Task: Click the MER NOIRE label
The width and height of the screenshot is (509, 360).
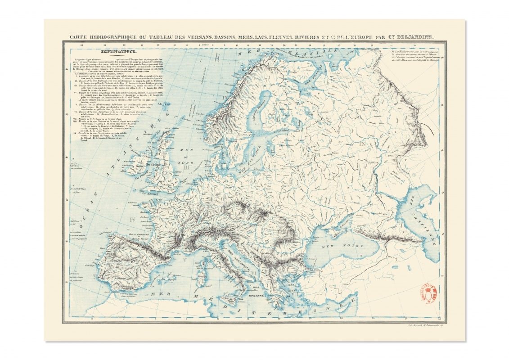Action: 333,246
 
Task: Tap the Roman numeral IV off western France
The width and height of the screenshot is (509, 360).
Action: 133,220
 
